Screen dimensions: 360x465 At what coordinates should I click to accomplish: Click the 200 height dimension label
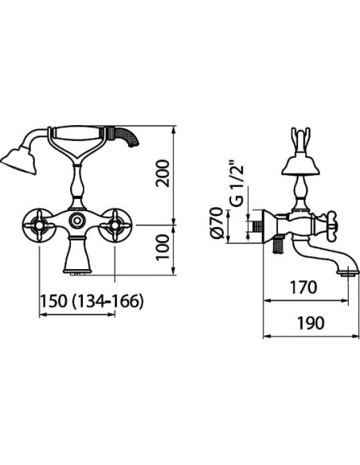[163, 174]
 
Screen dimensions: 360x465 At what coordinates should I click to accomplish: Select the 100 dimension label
[162, 248]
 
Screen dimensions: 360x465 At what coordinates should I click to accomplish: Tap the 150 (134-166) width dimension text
[92, 302]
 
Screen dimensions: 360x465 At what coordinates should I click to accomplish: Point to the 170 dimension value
[303, 287]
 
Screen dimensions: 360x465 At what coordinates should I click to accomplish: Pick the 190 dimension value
[311, 323]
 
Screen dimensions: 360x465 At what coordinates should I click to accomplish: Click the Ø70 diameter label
[217, 223]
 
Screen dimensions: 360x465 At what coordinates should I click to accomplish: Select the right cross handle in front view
[115, 226]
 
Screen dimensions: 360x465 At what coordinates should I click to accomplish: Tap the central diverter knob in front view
[77, 221]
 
